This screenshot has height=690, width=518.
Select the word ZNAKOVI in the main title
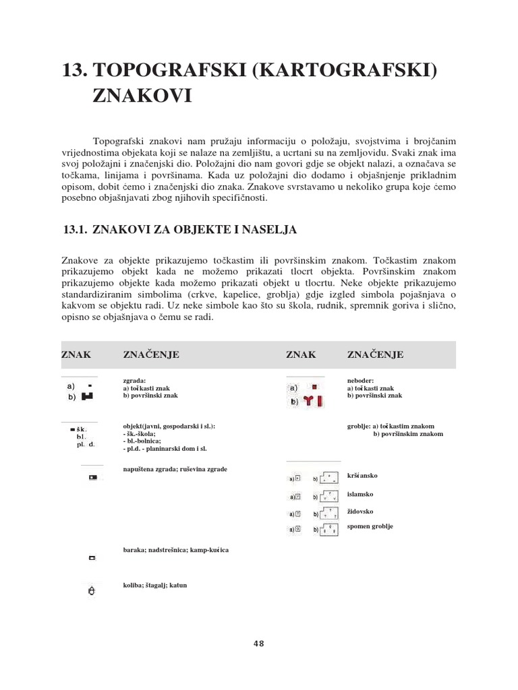pos(142,96)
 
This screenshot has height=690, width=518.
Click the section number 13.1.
pos(74,230)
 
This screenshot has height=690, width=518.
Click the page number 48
pos(259,643)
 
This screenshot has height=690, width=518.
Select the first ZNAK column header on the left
pos(76,354)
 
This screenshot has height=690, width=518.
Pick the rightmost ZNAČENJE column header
pos(375,354)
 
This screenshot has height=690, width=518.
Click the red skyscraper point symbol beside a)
pos(314,388)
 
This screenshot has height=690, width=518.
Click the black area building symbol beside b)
pos(87,397)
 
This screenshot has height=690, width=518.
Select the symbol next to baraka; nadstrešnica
pos(92,558)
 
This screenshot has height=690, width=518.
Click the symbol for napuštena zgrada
pos(92,478)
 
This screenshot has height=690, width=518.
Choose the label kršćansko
pos(362,476)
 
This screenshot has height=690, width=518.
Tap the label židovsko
pos(360,511)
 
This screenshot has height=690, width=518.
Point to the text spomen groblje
pos(370,526)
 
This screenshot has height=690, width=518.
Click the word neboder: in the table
pos(360,380)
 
